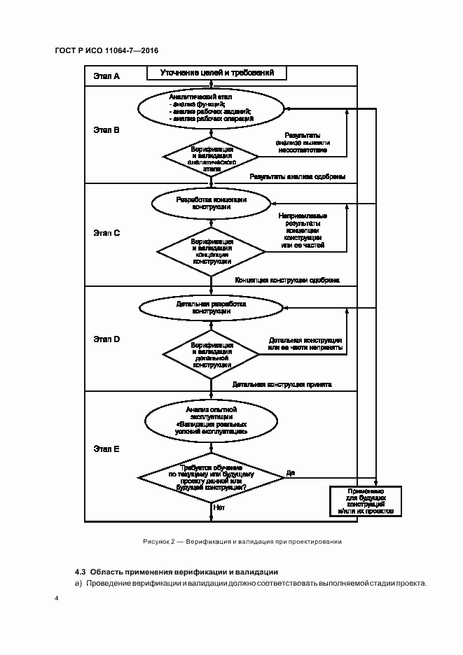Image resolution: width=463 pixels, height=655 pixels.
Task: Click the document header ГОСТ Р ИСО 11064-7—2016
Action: pyautogui.click(x=106, y=51)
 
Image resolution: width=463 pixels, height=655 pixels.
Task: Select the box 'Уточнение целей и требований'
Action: pyautogui.click(x=216, y=73)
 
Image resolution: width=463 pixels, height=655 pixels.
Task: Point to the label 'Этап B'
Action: pyautogui.click(x=106, y=130)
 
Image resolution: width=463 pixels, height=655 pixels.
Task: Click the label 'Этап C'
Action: pyautogui.click(x=106, y=232)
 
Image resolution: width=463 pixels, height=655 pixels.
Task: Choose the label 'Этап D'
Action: pyautogui.click(x=106, y=339)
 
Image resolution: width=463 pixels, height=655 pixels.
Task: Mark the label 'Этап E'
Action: pyautogui.click(x=106, y=449)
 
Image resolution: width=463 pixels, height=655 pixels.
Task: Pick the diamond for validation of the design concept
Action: pyautogui.click(x=211, y=251)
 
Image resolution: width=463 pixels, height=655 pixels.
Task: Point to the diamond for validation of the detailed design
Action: pyautogui.click(x=211, y=354)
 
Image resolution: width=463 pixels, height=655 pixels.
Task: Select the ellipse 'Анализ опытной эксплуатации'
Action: pyautogui.click(x=211, y=421)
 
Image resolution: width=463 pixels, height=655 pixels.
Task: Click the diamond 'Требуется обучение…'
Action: pyautogui.click(x=211, y=477)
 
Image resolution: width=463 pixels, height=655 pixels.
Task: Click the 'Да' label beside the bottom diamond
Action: pyautogui.click(x=291, y=473)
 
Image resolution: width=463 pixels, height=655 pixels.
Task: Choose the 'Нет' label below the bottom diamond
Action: pyautogui.click(x=219, y=507)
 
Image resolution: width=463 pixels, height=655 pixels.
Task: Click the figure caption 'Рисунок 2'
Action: pyautogui.click(x=242, y=542)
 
